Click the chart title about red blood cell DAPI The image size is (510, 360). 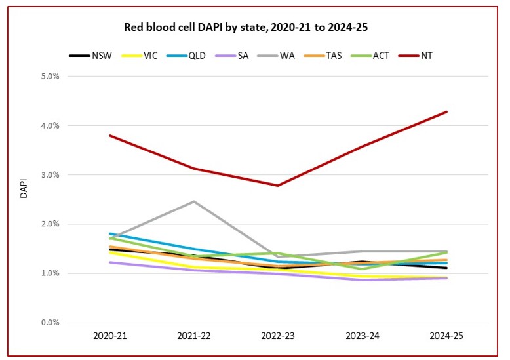coord(251,28)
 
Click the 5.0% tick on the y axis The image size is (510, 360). coord(51,76)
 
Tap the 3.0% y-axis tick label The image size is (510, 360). coord(51,175)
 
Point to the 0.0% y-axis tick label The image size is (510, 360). coord(51,323)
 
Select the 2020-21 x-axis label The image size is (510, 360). coord(109,336)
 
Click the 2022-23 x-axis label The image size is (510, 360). coord(278,336)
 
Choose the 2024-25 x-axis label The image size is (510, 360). coord(446,336)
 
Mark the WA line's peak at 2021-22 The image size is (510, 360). coord(193,201)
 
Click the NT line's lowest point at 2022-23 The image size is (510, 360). coord(278,186)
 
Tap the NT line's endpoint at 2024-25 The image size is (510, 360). coord(446,112)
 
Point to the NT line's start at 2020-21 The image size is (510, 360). coord(109,136)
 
